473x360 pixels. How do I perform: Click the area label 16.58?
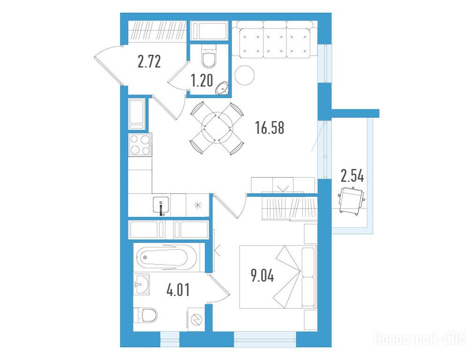270,127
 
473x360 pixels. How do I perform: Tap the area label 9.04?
262,275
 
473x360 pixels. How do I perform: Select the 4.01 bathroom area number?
178,290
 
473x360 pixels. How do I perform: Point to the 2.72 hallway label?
149,61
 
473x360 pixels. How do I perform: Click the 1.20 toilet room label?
202,80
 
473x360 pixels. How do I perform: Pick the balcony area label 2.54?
352,176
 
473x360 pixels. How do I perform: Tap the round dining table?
217,128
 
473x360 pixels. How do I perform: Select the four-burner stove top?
140,145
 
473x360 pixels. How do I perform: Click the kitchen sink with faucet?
161,205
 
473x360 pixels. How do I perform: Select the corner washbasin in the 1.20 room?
222,88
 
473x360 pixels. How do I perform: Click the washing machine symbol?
196,320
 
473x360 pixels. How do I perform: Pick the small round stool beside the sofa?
245,75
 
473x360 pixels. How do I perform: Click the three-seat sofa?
274,39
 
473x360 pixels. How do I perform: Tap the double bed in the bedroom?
278,277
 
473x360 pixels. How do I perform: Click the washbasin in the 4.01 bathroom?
142,284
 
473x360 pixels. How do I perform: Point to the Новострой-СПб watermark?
420,338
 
